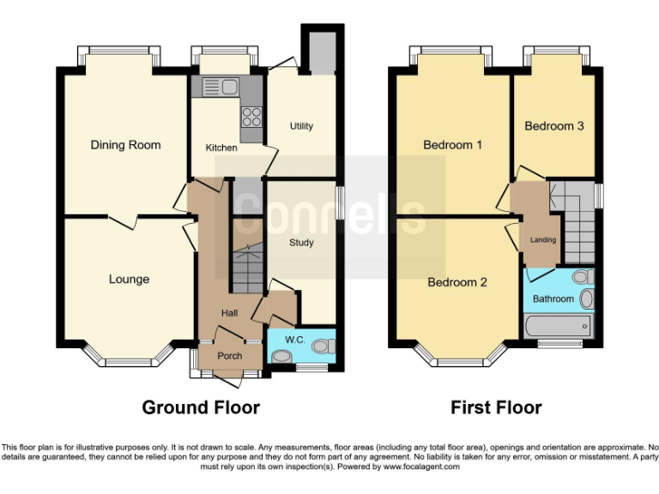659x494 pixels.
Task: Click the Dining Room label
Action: [125, 145]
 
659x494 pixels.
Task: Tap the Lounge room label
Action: [129, 279]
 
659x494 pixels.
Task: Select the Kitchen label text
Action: [221, 148]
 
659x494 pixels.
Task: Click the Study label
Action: [301, 243]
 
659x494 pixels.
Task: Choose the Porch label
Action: [229, 356]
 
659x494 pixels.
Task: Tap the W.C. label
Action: [295, 340]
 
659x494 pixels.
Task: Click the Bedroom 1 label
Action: [452, 145]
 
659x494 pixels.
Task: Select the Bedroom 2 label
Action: [457, 282]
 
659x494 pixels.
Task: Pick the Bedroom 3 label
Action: [554, 126]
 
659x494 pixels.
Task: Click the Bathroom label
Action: [553, 299]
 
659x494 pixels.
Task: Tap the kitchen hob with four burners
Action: [252, 117]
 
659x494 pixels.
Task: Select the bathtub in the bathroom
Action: [558, 326]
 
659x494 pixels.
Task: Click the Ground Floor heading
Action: [201, 407]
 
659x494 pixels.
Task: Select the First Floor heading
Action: [496, 407]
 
